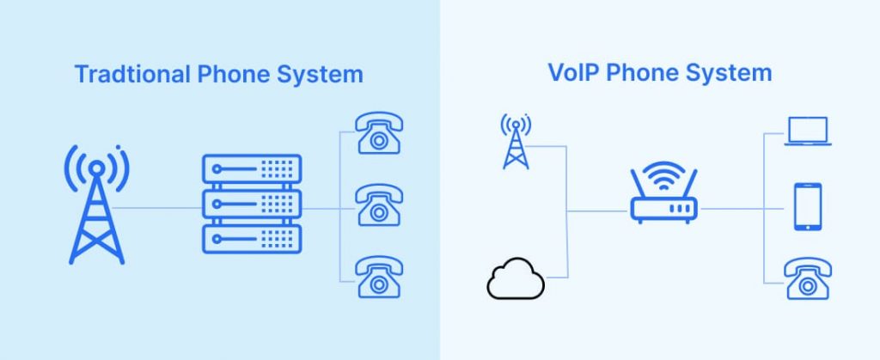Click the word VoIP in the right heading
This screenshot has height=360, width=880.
574,73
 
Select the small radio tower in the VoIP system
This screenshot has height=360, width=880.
516,143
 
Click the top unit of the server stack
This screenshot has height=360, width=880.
252,169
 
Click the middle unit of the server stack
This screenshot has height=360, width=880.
252,204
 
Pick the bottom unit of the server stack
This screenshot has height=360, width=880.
252,238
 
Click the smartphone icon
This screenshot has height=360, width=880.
808,208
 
